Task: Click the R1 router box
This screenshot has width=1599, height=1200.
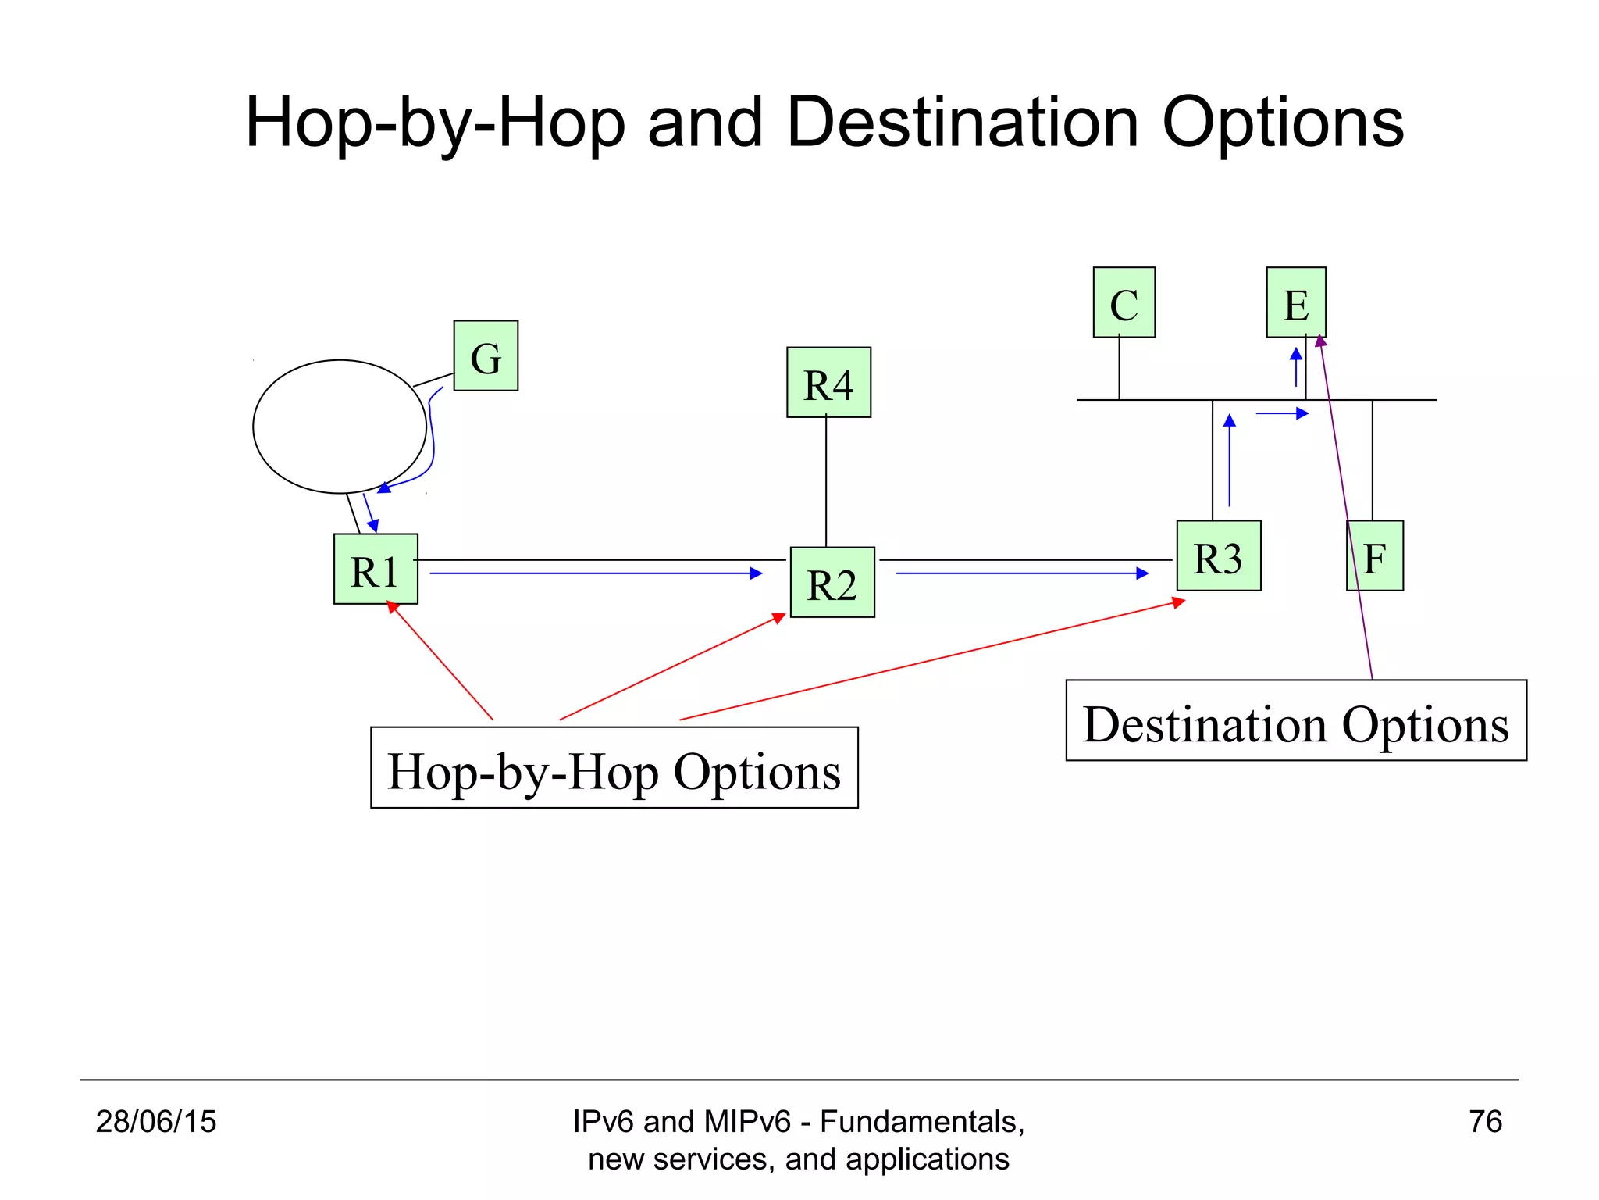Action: pyautogui.click(x=376, y=569)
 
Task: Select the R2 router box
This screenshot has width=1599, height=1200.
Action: pyautogui.click(x=832, y=582)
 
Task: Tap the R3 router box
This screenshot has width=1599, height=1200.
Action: pyautogui.click(x=1218, y=555)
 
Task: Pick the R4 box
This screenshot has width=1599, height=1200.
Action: pyautogui.click(x=828, y=382)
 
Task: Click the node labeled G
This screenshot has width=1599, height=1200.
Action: pyautogui.click(x=486, y=355)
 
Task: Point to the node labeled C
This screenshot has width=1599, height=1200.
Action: pyautogui.click(x=1124, y=302)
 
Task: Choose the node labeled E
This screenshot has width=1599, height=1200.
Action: pyautogui.click(x=1296, y=302)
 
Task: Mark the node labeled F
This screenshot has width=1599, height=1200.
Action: pyautogui.click(x=1375, y=555)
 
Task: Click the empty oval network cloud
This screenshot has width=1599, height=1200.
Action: pyautogui.click(x=340, y=427)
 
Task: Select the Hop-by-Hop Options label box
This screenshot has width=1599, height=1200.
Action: pyautogui.click(x=614, y=767)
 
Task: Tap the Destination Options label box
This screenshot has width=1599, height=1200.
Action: pyautogui.click(x=1296, y=720)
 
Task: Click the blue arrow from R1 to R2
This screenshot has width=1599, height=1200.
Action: pyautogui.click(x=595, y=573)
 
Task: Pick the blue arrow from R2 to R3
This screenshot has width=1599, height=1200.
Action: pyautogui.click(x=1021, y=573)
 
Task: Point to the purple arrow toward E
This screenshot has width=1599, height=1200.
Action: pyautogui.click(x=1344, y=508)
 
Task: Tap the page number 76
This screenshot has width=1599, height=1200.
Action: pyautogui.click(x=1485, y=1122)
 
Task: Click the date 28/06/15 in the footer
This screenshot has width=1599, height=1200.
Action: pyautogui.click(x=155, y=1122)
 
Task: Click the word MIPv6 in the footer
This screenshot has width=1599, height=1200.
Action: pyautogui.click(x=746, y=1122)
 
